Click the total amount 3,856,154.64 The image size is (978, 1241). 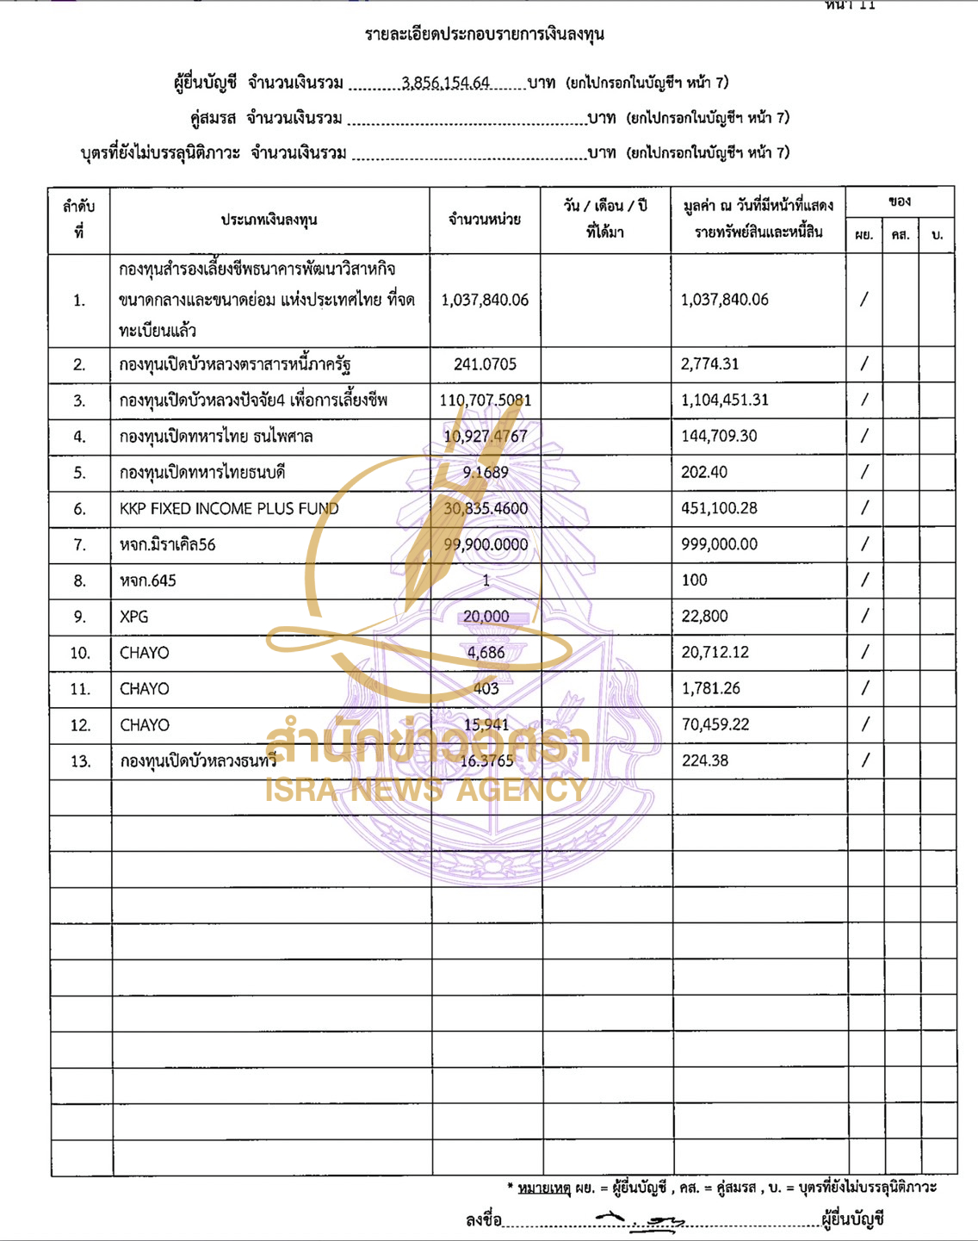tap(445, 83)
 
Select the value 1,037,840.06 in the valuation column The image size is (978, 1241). tap(724, 300)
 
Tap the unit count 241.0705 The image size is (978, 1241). tap(486, 364)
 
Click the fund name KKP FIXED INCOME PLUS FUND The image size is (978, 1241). tap(229, 509)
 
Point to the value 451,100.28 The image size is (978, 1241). tap(719, 508)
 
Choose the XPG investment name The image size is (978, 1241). tap(134, 617)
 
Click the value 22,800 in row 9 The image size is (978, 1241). tap(704, 617)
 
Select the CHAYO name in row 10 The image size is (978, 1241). tap(145, 653)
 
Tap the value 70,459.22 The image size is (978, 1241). tap(715, 724)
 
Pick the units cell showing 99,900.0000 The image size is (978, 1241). tap(486, 544)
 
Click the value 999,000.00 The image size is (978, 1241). tap(719, 544)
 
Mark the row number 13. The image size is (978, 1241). tap(80, 761)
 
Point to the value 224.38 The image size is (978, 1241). tap(705, 760)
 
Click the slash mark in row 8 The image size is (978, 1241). tap(864, 580)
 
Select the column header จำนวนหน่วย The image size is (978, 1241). tap(485, 220)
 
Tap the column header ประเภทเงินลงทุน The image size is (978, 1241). tap(269, 220)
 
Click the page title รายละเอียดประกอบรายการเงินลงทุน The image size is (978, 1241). tap(485, 34)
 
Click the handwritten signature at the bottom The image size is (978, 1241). tap(641, 1219)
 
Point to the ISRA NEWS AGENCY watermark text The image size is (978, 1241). tap(426, 789)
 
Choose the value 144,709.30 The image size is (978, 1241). tap(719, 436)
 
